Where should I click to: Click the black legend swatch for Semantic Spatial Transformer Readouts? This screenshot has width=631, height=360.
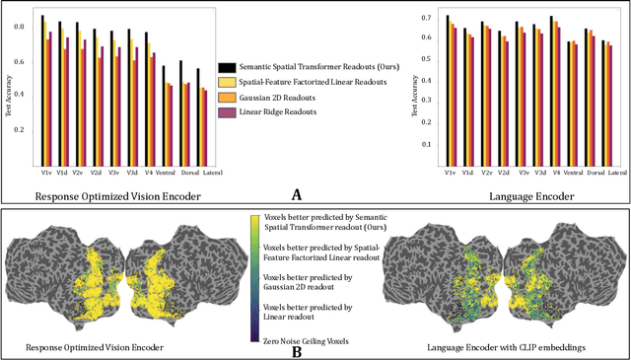(x=225, y=64)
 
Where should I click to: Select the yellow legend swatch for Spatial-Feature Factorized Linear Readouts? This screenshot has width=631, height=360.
(x=225, y=82)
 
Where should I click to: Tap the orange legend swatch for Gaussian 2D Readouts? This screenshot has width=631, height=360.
(x=225, y=99)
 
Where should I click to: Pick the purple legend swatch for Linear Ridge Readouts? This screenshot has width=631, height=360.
(x=225, y=115)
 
